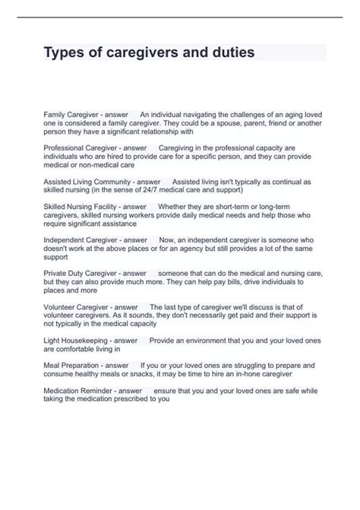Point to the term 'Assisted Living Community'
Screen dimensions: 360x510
click(x=88, y=182)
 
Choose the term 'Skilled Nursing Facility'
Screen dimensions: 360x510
click(x=84, y=207)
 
